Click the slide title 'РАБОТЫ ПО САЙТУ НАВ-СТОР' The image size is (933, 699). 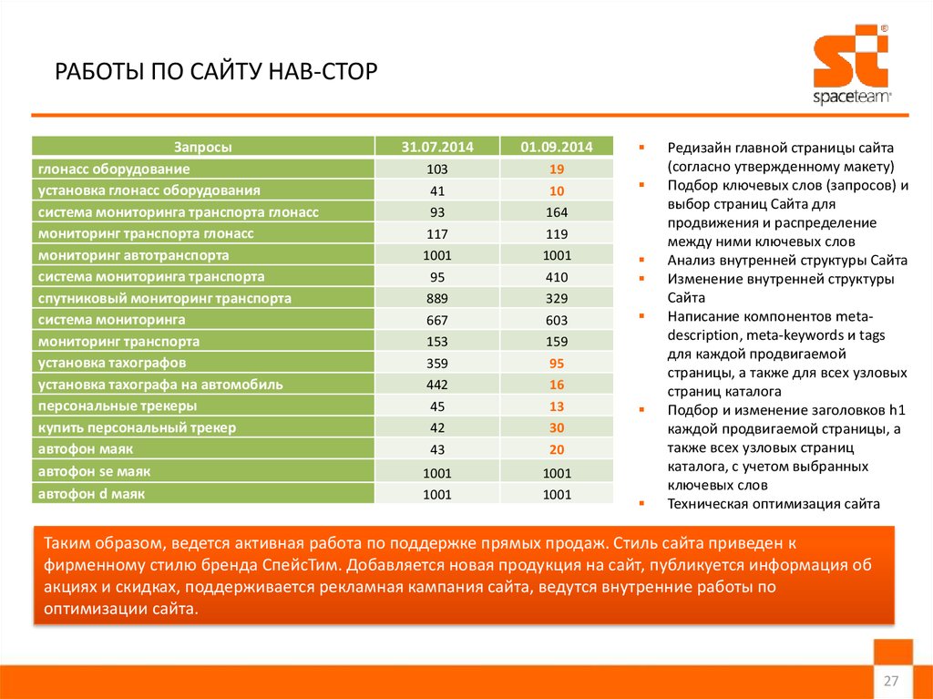(x=216, y=72)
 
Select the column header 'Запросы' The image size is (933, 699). (x=202, y=147)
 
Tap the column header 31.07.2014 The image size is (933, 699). (x=437, y=147)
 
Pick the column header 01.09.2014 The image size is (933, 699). (x=557, y=147)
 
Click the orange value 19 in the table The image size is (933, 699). (x=557, y=170)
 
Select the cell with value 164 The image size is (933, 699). (x=557, y=212)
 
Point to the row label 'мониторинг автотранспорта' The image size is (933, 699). (x=134, y=255)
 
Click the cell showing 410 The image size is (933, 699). (x=557, y=277)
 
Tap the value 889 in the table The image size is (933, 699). (x=437, y=299)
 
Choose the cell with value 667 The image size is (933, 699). (x=437, y=320)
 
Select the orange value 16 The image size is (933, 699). (x=557, y=385)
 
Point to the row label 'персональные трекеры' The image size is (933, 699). (x=117, y=406)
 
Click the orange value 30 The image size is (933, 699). (x=557, y=427)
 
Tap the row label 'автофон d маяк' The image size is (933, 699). (x=92, y=493)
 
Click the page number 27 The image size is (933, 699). (x=891, y=682)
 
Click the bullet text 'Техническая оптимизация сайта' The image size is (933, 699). (x=774, y=503)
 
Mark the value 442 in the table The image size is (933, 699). (x=437, y=385)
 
